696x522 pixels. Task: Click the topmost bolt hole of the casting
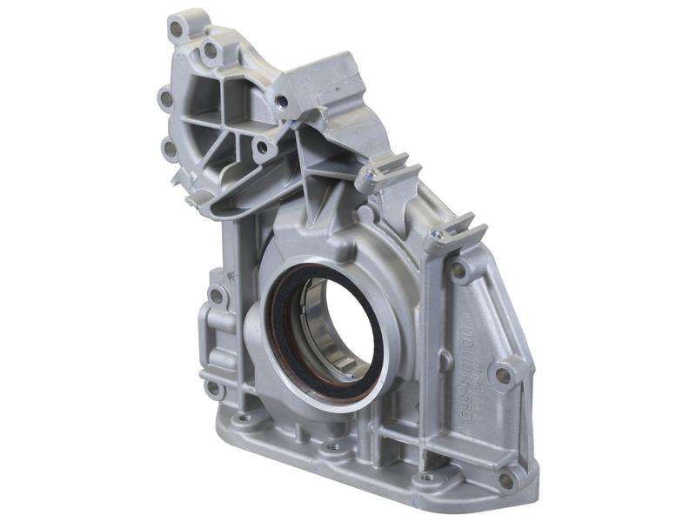pyautogui.click(x=177, y=29)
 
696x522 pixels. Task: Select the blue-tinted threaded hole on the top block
pyautogui.click(x=281, y=102)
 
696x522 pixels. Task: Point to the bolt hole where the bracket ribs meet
pyautogui.click(x=261, y=148)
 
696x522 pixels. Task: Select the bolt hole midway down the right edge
pyautogui.click(x=502, y=375)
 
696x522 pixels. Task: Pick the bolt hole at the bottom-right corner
pyautogui.click(x=506, y=479)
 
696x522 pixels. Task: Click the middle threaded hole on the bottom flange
pyautogui.click(x=331, y=449)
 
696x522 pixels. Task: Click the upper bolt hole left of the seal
pyautogui.click(x=216, y=296)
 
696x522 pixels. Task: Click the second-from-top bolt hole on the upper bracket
pyautogui.click(x=211, y=51)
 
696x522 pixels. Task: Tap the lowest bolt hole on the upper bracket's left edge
pyautogui.click(x=169, y=149)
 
